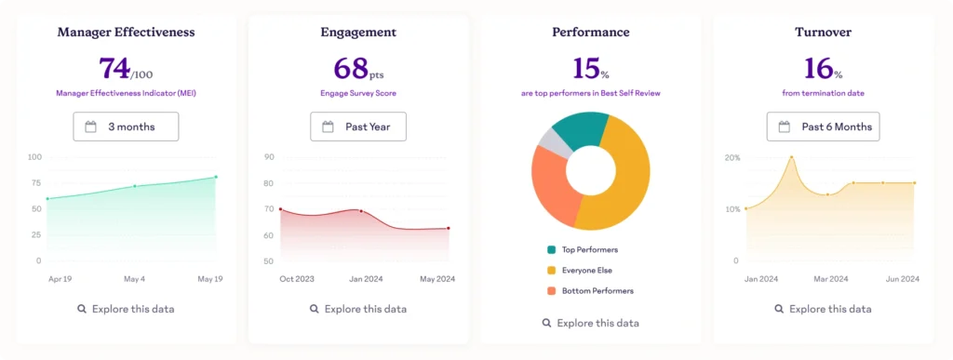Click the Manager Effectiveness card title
pos(126,32)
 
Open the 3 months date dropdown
pos(126,127)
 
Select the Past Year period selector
pos(358,127)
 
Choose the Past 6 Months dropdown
pos(823,127)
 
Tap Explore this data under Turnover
pos(823,309)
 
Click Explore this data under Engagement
pos(358,309)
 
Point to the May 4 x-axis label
pos(135,278)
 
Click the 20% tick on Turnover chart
pos(732,158)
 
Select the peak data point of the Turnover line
pos(791,157)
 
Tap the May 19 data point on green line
pos(216,177)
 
